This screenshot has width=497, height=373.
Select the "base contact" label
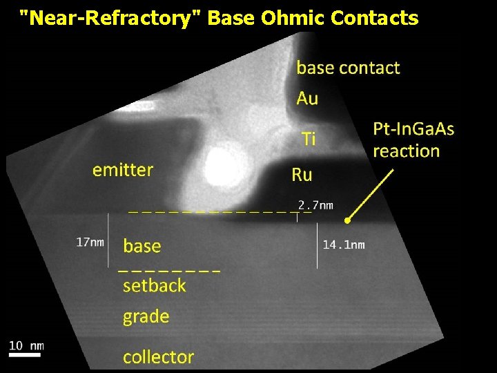pos(348,68)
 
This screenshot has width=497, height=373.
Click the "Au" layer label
pos(307,99)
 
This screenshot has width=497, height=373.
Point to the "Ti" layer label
pos(309,140)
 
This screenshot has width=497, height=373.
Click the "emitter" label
pos(123,170)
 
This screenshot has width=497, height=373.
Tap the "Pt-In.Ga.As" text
pos(413,129)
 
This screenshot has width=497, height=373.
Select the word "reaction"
pos(406,151)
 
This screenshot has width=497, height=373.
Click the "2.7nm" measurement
pos(315,204)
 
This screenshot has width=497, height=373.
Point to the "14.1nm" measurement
pos(344,245)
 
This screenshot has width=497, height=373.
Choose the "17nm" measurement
pos(90,242)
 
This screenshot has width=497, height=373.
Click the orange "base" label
pos(142,247)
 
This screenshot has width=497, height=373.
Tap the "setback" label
pos(154,286)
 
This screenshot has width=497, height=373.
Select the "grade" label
pos(146,317)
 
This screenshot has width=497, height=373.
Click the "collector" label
pos(158,357)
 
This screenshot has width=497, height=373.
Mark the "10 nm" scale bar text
pos(26,345)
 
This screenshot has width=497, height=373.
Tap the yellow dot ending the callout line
pos(348,220)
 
